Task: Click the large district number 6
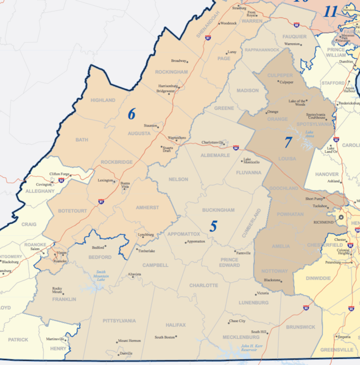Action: [132, 114]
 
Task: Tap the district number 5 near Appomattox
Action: [213, 226]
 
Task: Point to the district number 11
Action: [331, 12]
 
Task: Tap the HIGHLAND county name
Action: [102, 100]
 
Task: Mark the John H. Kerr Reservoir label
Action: [253, 348]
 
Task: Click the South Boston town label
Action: [165, 336]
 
